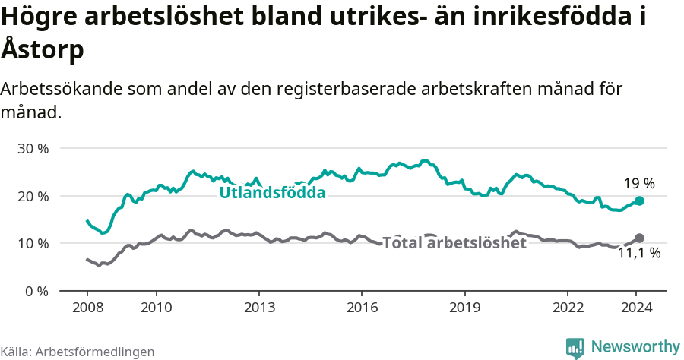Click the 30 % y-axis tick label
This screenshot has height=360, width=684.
(33, 148)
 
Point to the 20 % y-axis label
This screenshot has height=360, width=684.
(33, 196)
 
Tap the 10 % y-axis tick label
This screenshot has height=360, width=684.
(33, 244)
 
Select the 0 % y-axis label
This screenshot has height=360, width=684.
(36, 291)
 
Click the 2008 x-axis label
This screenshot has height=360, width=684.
(87, 308)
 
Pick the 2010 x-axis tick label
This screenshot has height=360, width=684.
(156, 308)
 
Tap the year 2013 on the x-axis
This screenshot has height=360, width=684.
(258, 308)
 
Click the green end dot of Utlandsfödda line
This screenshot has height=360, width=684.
(639, 201)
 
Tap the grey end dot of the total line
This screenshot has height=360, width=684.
(639, 238)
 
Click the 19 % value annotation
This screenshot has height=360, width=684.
(639, 183)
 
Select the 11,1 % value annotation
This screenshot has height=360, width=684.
(639, 254)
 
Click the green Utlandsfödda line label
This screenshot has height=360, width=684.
(272, 193)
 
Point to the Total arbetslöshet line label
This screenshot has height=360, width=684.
(454, 243)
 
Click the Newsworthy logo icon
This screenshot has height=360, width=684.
(575, 347)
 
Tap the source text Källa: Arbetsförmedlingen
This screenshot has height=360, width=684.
(78, 352)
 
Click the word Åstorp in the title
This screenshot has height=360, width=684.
(42, 49)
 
